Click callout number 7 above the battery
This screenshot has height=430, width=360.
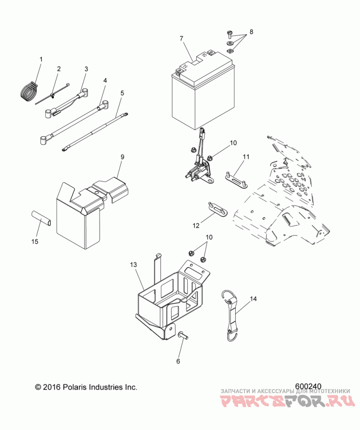click(181, 38)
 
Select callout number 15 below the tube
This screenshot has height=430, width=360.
click(35, 242)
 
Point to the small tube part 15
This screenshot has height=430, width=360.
click(40, 218)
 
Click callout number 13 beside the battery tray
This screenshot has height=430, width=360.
click(134, 265)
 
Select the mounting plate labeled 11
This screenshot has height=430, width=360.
click(236, 180)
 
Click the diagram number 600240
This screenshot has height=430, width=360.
click(308, 386)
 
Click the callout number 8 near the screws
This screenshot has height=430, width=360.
click(252, 32)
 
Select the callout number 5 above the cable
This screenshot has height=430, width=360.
click(122, 93)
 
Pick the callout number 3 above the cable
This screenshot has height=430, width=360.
click(86, 69)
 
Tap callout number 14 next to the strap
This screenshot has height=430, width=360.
click(253, 299)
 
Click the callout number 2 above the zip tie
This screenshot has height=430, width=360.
click(58, 69)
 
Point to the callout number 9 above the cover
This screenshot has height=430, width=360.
click(122, 157)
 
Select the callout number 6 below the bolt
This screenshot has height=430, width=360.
click(178, 362)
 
